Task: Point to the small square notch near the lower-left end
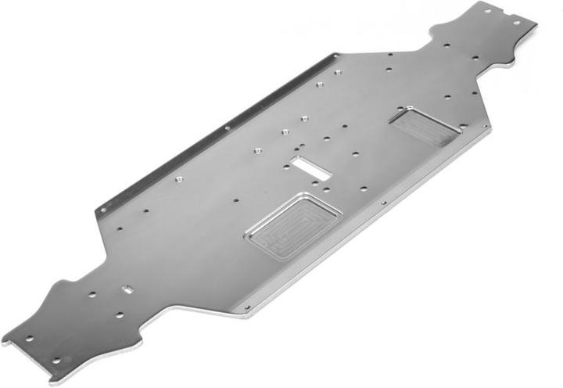(128, 289)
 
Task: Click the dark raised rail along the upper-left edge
(211, 133)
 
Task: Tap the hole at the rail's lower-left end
(102, 209)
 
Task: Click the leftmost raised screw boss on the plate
(178, 179)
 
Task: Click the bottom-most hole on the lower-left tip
(57, 361)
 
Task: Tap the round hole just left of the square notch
(92, 295)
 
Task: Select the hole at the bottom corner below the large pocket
(246, 307)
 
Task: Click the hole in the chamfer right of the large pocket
(383, 203)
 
